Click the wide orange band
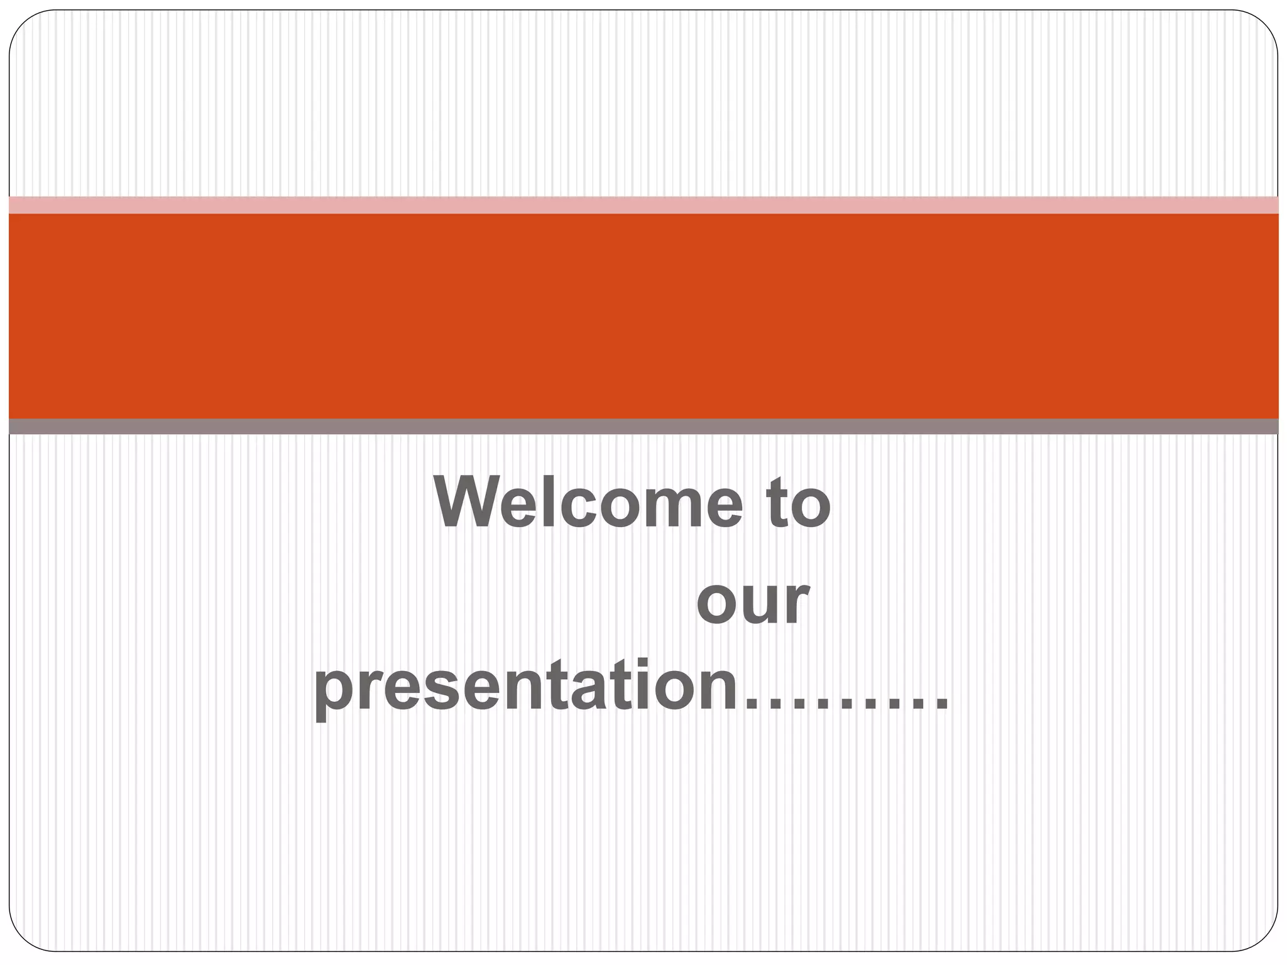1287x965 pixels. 643,315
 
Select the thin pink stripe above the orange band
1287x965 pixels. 643,205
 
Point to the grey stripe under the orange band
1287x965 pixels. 643,427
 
